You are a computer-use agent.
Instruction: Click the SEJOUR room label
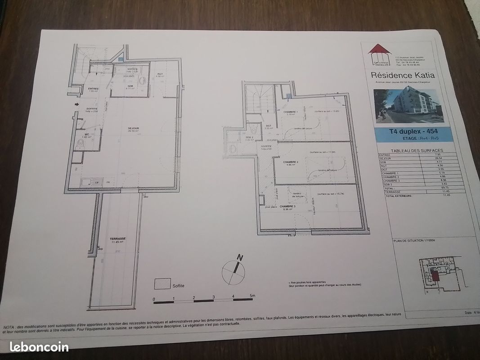click(x=133, y=129)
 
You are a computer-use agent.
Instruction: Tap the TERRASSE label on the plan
click(x=117, y=239)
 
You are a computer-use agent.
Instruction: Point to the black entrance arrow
click(x=76, y=105)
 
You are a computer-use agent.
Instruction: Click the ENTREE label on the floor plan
click(x=93, y=89)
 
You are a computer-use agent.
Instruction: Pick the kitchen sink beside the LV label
click(x=86, y=182)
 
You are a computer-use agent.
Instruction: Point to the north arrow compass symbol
click(x=234, y=269)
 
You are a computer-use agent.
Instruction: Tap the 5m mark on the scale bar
click(x=252, y=296)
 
